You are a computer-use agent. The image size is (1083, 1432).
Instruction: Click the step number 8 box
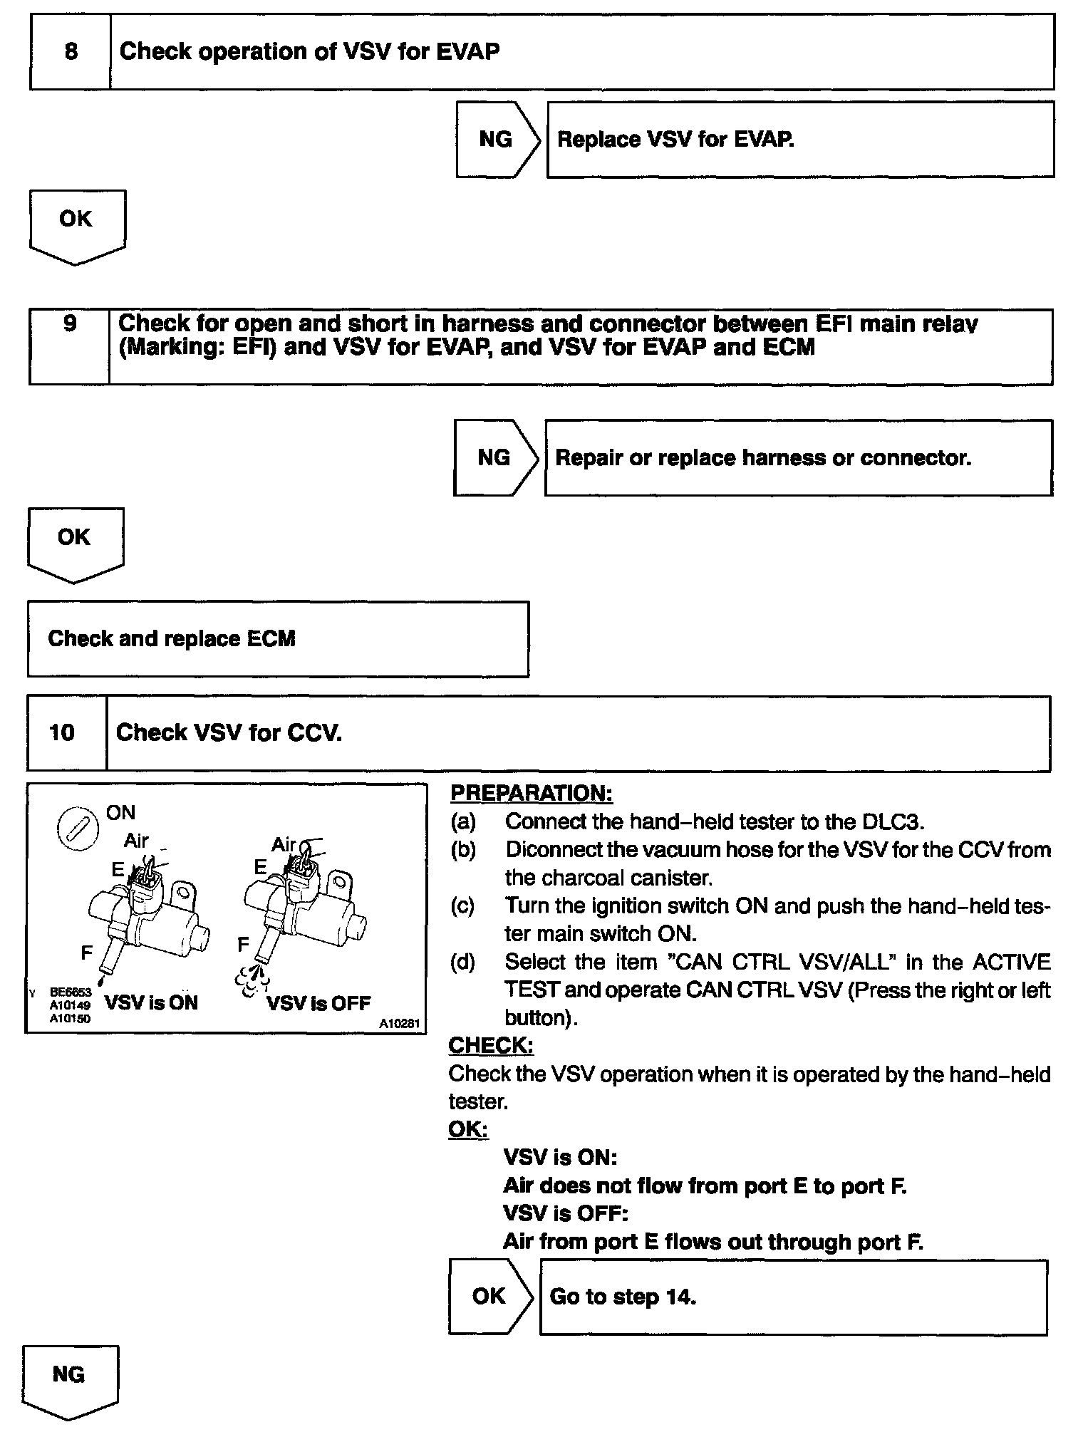71,52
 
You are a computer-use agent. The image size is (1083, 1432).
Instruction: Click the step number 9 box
70,346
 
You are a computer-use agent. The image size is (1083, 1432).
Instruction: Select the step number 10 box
67,733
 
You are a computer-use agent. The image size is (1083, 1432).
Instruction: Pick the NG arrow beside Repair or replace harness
496,457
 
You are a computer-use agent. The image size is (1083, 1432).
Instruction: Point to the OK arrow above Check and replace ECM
75,544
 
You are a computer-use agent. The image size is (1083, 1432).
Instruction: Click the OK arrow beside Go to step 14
490,1296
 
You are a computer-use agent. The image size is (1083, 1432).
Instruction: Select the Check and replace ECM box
278,639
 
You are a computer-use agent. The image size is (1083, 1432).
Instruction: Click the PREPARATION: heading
532,793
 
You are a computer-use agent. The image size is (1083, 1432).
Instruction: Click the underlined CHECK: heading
491,1045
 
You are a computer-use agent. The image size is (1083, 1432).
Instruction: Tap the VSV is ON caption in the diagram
151,1002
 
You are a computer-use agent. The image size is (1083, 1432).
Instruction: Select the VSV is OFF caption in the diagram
318,1003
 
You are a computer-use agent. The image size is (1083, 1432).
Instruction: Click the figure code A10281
400,1023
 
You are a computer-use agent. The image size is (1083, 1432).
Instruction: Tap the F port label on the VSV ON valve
87,953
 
